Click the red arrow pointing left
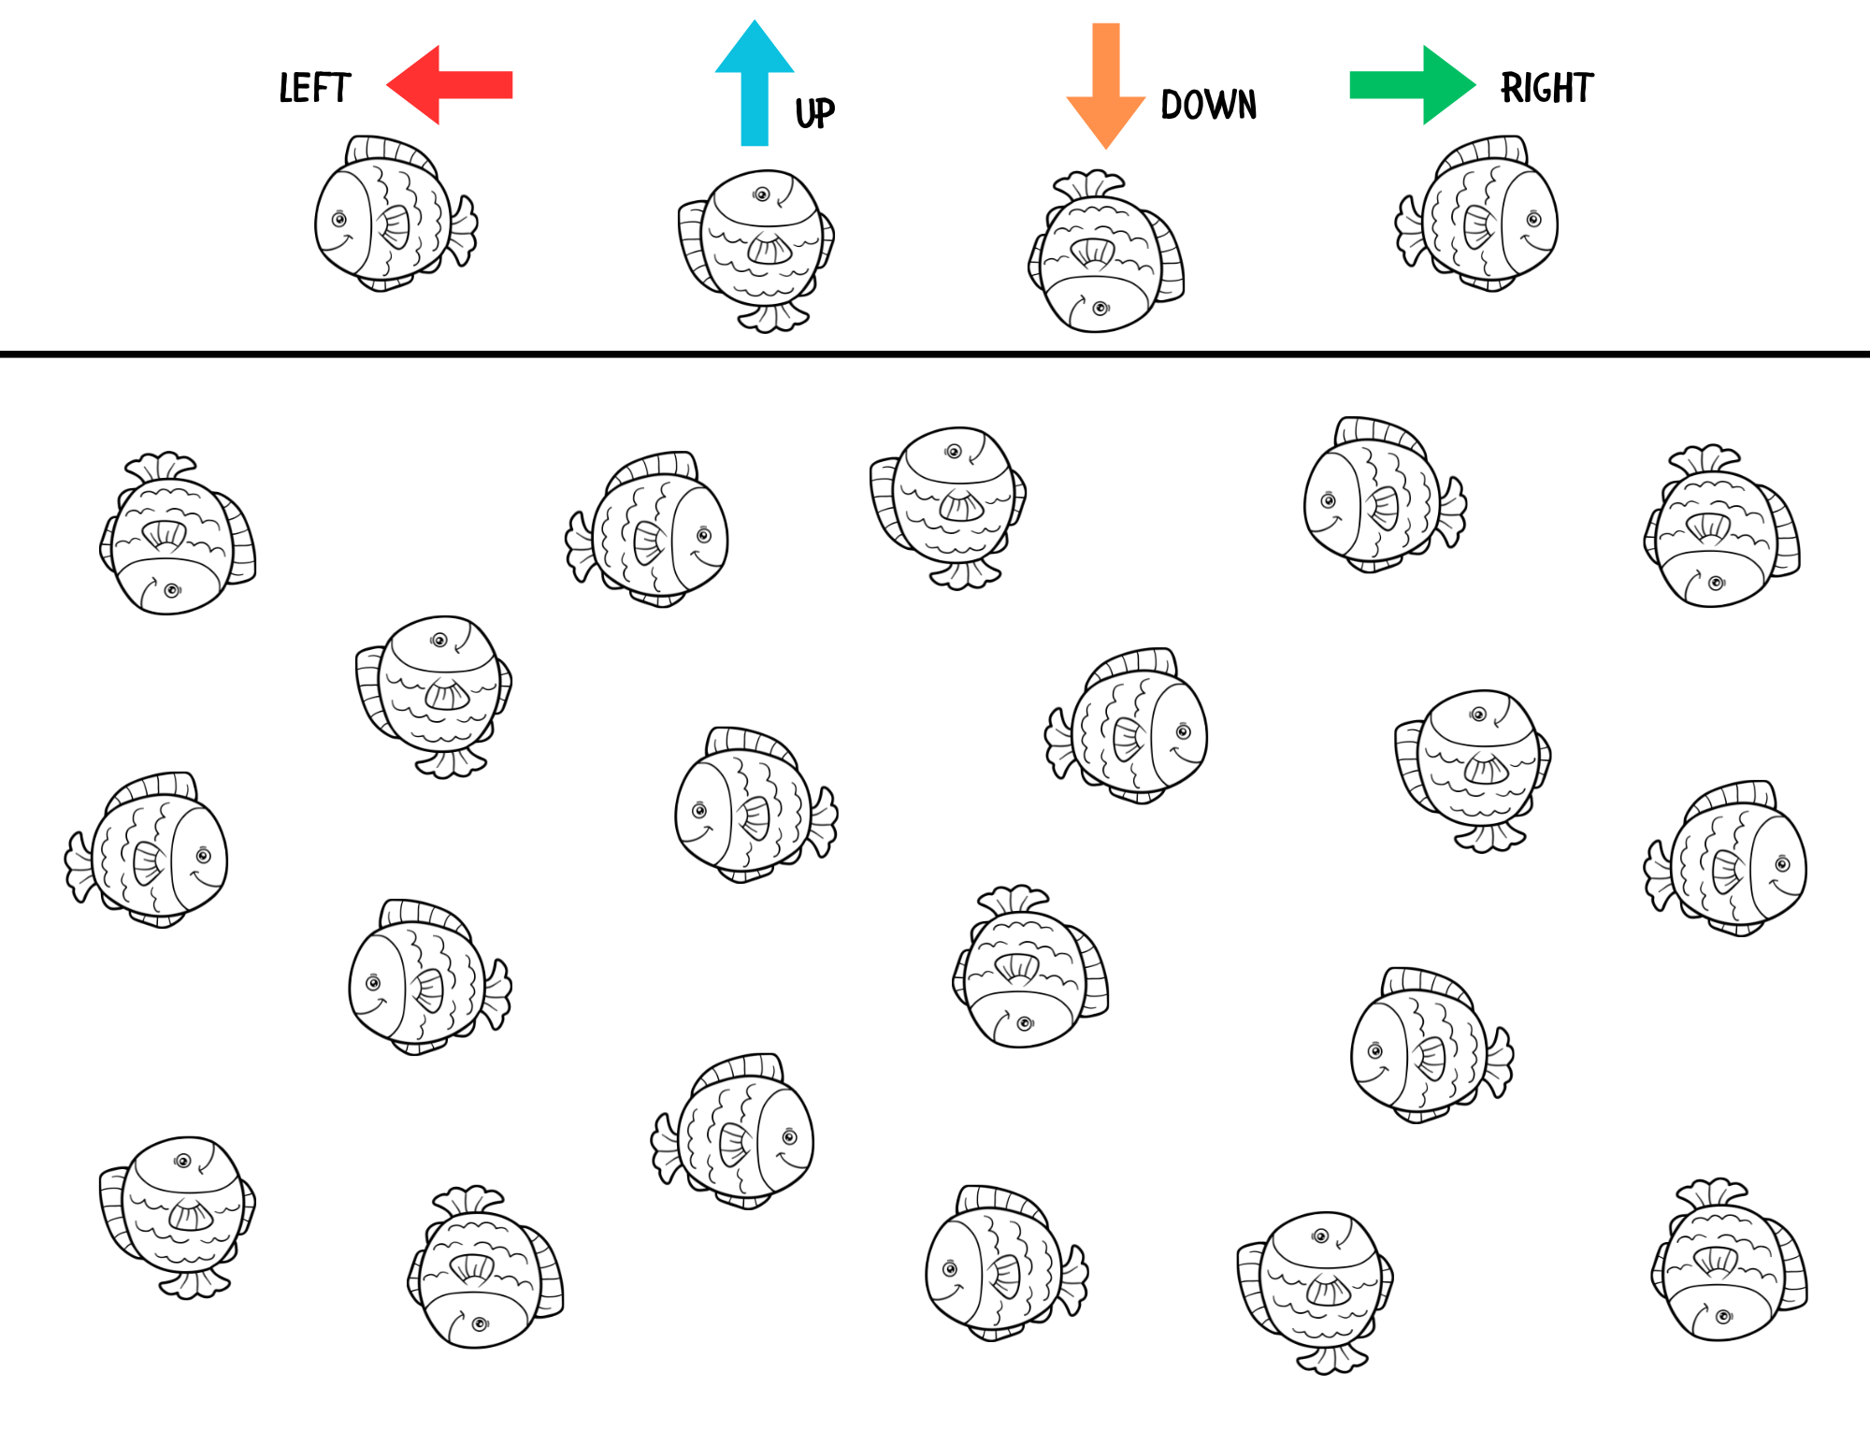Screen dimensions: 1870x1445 [449, 85]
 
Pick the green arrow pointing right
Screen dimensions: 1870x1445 [1413, 85]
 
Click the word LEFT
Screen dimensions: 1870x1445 [315, 89]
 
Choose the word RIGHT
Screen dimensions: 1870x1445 [1547, 89]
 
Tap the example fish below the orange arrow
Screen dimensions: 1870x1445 [1103, 253]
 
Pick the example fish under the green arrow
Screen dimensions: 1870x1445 [1477, 215]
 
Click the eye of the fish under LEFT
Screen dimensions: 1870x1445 [339, 220]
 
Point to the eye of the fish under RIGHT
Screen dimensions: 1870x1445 [1533, 220]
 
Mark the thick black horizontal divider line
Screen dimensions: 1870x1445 [935, 354]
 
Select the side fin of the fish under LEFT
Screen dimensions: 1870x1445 [394, 225]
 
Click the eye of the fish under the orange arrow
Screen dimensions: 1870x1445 [1100, 308]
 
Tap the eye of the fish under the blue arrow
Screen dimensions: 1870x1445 [762, 195]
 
